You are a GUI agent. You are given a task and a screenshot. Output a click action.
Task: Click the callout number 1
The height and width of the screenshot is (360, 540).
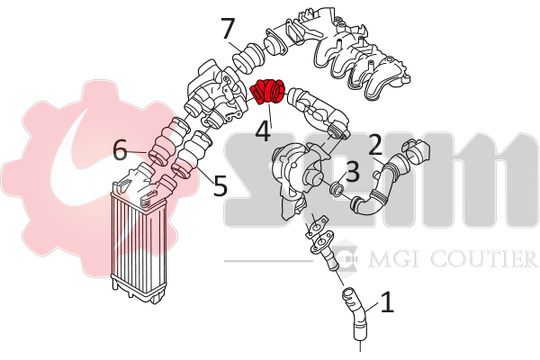point(387,302)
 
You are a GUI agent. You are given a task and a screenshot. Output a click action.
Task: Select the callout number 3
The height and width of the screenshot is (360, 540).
point(352,171)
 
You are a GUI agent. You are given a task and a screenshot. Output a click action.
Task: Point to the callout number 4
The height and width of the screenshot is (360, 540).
point(263,130)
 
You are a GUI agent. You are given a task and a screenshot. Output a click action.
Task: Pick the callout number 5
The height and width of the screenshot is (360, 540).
point(220,185)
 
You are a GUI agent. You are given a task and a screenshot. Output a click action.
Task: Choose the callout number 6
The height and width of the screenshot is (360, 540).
point(121,150)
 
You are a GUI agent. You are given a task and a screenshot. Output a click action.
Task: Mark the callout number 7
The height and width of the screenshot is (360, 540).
point(228,29)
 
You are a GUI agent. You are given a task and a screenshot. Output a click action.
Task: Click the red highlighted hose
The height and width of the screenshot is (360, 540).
point(267,92)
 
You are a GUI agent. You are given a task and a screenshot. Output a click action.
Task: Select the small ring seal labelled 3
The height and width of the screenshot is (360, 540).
point(336,189)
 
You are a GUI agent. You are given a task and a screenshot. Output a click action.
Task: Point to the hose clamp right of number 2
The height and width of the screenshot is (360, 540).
point(416,150)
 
